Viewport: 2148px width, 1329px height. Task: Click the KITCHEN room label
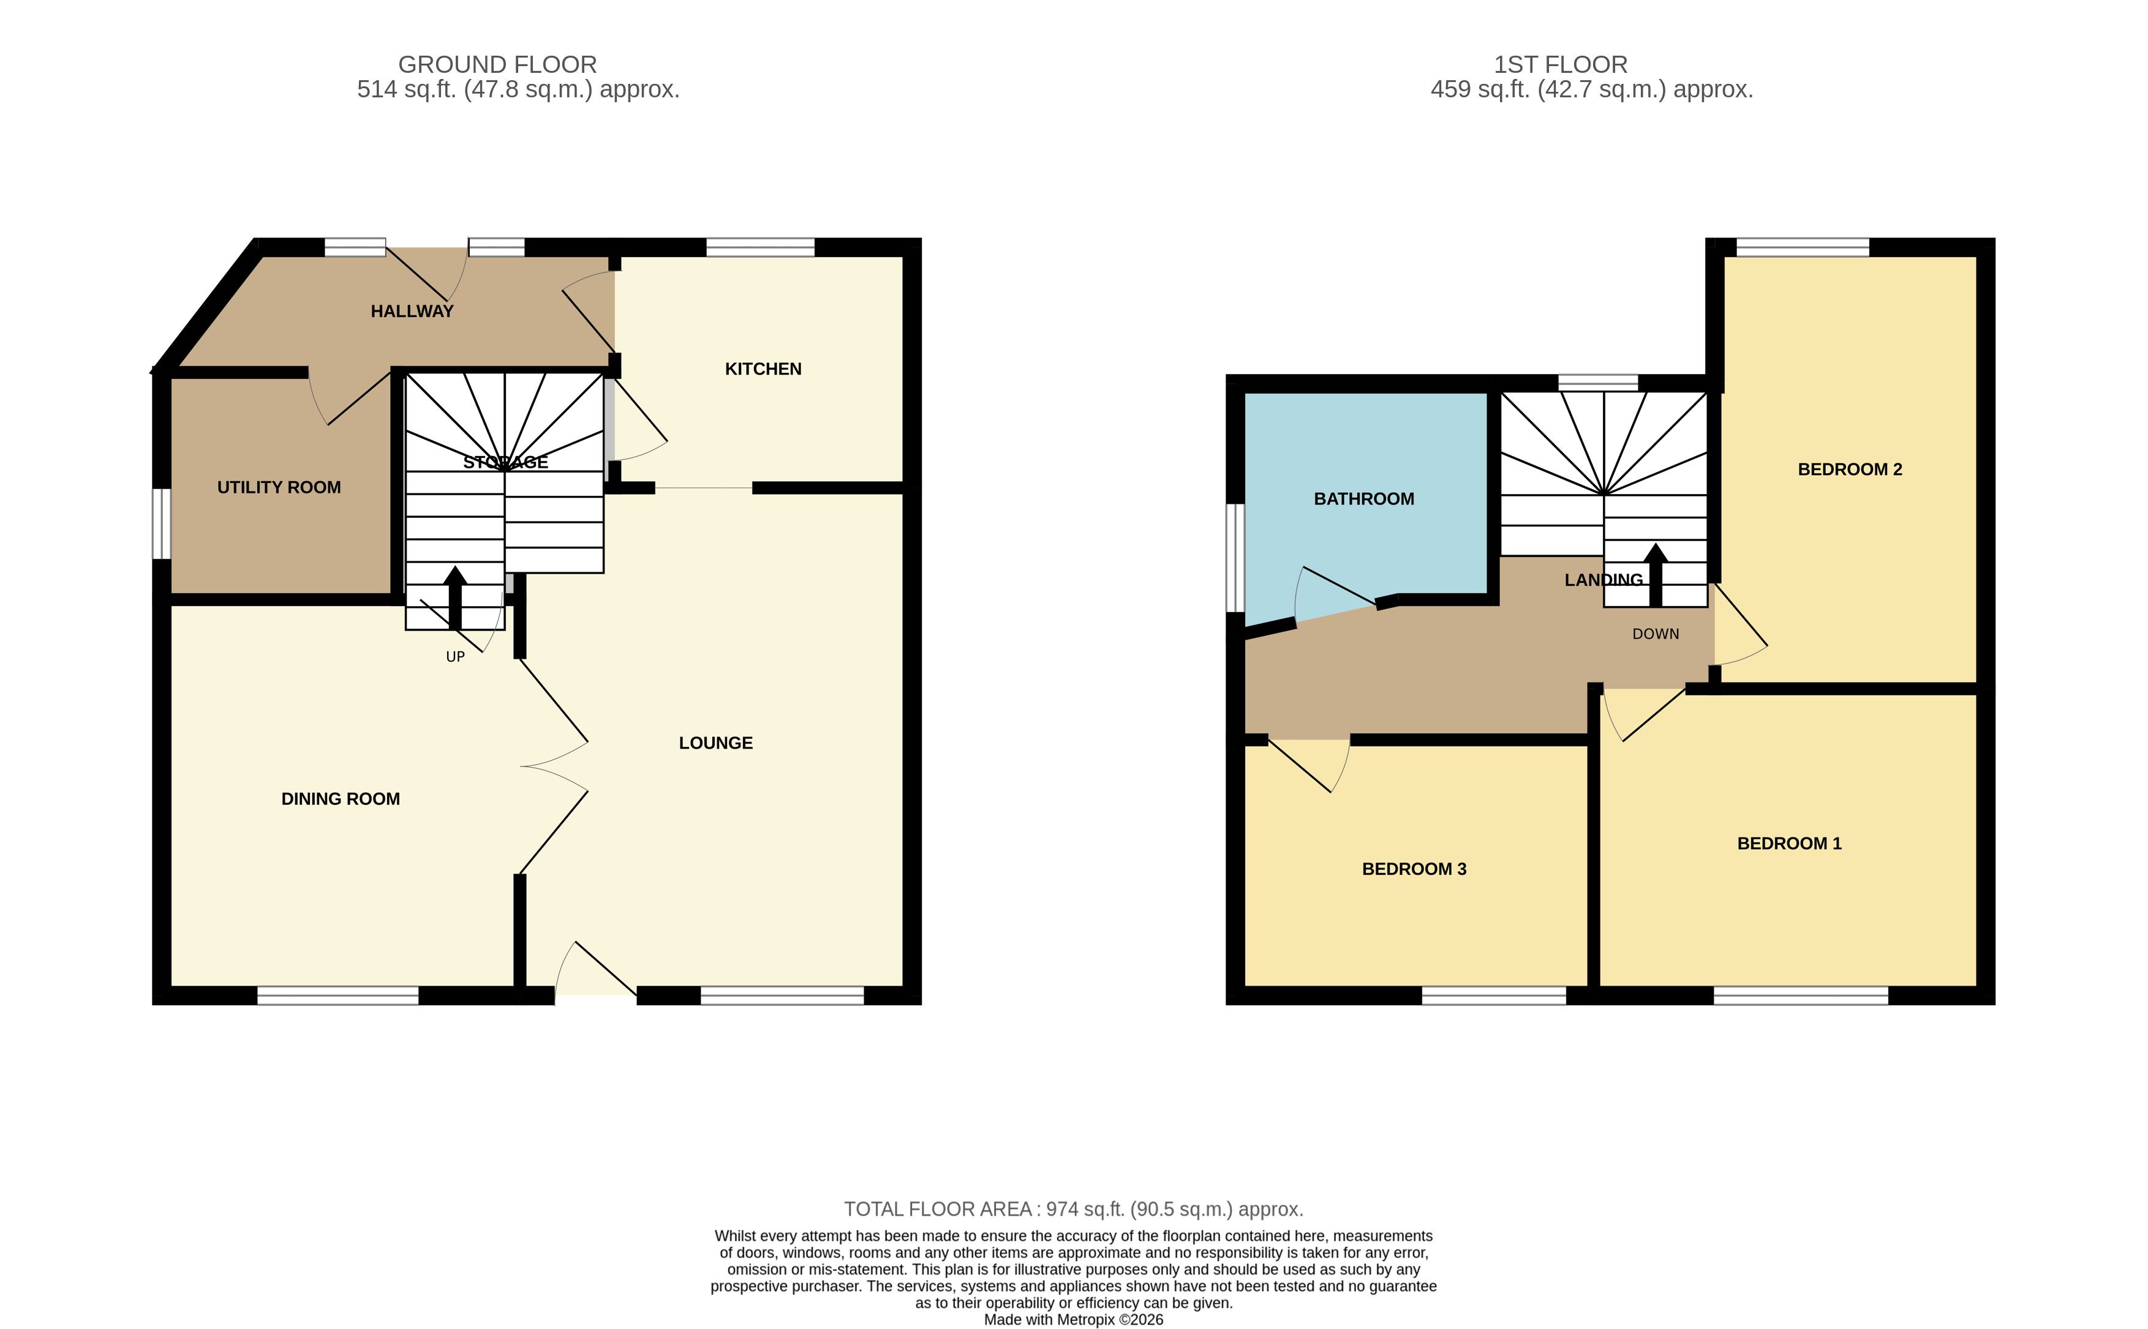click(x=763, y=369)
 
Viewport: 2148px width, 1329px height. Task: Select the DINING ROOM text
click(x=341, y=799)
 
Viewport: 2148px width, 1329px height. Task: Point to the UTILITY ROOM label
click(x=279, y=487)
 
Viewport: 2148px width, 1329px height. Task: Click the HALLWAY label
click(x=412, y=311)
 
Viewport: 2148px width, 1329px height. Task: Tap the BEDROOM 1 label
click(x=1789, y=844)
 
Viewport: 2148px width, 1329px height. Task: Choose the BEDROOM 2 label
click(x=1850, y=470)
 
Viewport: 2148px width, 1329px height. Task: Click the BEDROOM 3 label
click(x=1414, y=869)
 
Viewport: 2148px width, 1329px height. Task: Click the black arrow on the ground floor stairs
click(x=454, y=597)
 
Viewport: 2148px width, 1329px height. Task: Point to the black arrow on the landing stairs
click(x=1656, y=575)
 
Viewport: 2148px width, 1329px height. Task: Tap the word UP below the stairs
click(x=456, y=657)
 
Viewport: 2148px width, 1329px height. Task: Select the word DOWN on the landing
click(x=1656, y=634)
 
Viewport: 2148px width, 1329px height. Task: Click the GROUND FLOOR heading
click(x=498, y=64)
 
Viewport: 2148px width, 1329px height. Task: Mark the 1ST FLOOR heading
click(x=1561, y=64)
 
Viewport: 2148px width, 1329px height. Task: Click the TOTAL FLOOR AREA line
click(x=1074, y=1210)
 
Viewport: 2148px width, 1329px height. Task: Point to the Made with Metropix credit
click(x=1074, y=1319)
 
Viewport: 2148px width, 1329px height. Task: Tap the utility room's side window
click(x=161, y=524)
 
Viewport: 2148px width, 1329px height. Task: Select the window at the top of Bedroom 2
click(x=1803, y=247)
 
